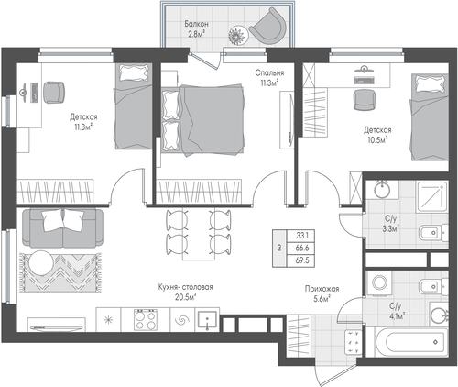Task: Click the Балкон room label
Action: (x=196, y=24)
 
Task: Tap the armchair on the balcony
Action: (x=267, y=26)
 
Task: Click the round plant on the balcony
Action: (x=238, y=36)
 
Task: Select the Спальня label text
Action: (x=269, y=72)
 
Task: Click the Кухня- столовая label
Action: (x=185, y=287)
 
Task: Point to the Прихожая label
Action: (x=322, y=289)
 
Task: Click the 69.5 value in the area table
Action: (x=302, y=260)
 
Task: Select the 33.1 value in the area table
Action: (x=302, y=236)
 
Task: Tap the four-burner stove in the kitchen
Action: (x=146, y=319)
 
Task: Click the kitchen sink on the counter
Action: (x=207, y=320)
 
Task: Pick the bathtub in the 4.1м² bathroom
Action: (x=411, y=342)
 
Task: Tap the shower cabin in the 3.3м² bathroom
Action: (x=432, y=197)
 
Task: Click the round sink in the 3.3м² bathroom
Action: (x=382, y=190)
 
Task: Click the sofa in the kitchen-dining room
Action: (x=63, y=227)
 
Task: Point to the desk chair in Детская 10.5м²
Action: (x=364, y=100)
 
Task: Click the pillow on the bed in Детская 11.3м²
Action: (x=135, y=73)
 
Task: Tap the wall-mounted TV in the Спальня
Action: (x=290, y=120)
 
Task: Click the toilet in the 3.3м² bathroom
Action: (x=433, y=233)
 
